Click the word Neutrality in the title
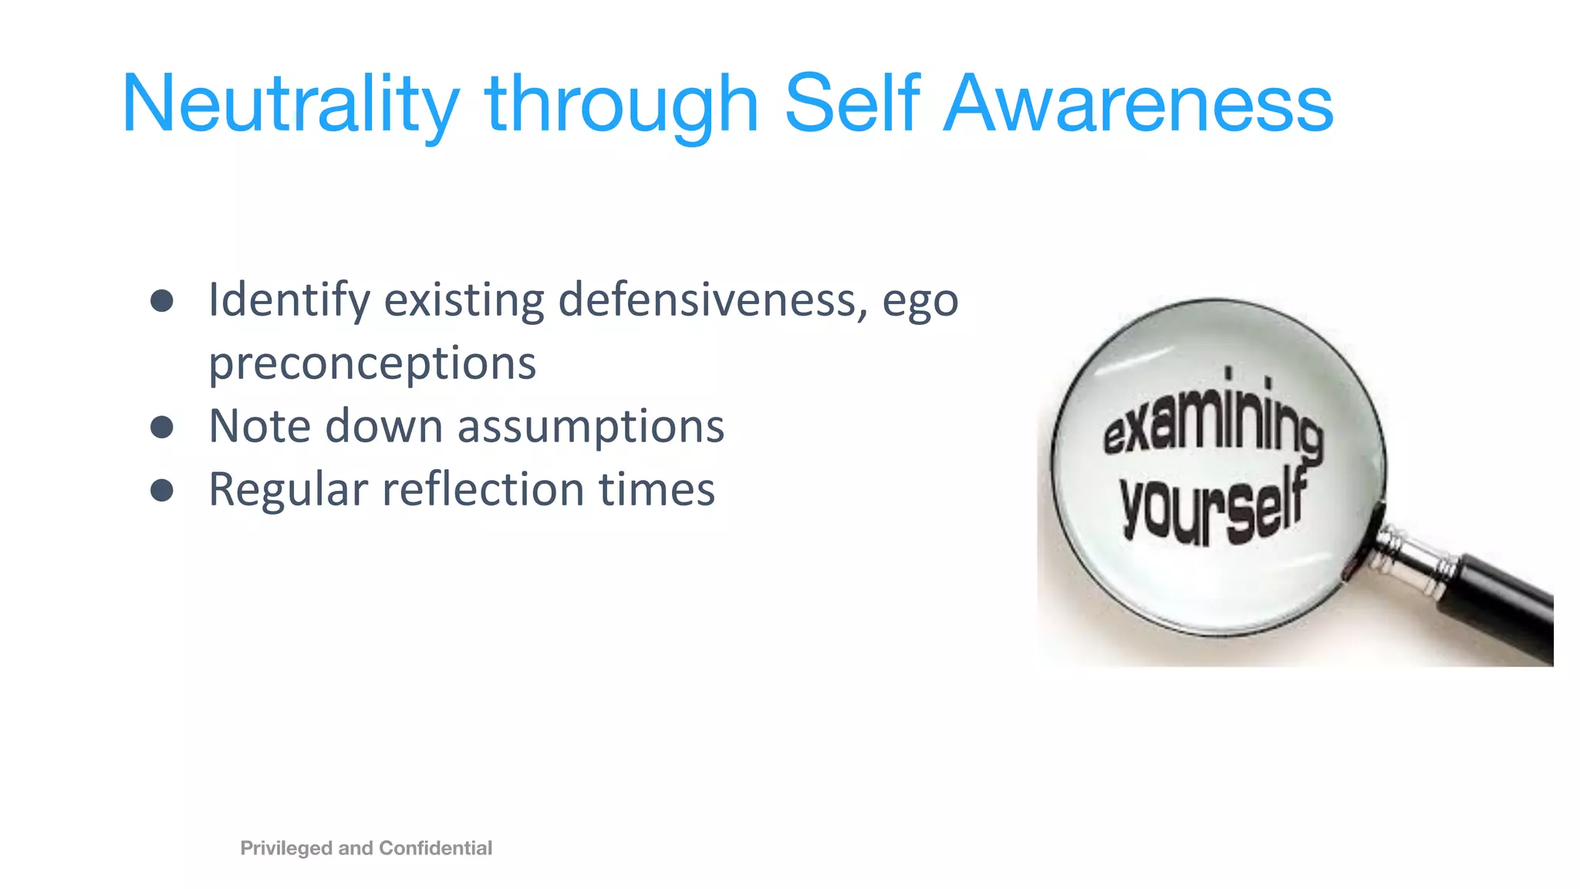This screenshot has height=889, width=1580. click(x=290, y=104)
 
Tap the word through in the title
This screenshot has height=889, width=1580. click(x=622, y=104)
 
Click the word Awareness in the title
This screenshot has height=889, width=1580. click(x=1139, y=104)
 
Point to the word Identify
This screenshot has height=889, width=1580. click(x=289, y=300)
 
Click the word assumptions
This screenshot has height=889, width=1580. click(x=591, y=427)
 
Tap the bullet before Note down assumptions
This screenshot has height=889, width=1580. click(x=162, y=427)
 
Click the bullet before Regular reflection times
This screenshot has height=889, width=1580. click(x=162, y=490)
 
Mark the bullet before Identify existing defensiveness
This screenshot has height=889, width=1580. click(x=162, y=301)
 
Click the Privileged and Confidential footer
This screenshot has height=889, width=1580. click(x=366, y=848)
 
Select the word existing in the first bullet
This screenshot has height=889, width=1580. click(x=464, y=300)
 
